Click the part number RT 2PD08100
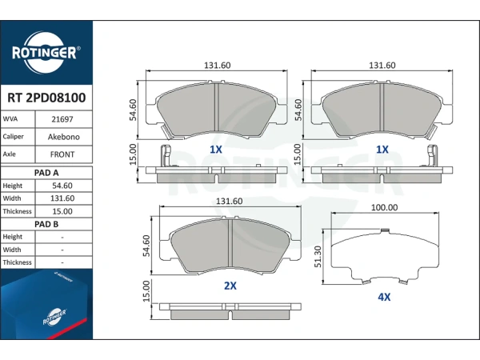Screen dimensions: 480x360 tap(46, 98)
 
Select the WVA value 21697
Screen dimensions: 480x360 tap(62, 119)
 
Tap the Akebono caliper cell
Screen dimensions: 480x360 tap(64, 137)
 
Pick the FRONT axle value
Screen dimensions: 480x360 tap(62, 154)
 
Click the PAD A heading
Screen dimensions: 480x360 tap(46, 173)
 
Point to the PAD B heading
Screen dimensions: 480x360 tap(46, 224)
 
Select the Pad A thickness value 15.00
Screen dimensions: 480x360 tap(62, 211)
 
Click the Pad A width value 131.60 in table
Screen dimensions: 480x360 tap(62, 198)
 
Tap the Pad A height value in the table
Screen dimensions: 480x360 tap(62, 186)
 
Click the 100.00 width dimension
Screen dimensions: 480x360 tap(385, 207)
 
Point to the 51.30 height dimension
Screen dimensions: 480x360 tap(318, 257)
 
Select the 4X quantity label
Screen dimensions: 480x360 tap(384, 297)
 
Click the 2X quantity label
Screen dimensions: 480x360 tap(230, 286)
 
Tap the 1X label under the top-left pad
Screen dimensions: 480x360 tap(215, 150)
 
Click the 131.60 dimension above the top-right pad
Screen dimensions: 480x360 tap(382, 66)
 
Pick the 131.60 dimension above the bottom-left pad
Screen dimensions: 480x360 tap(230, 201)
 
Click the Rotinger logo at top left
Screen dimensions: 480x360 tap(46, 52)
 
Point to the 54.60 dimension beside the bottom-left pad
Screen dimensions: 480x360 tap(146, 246)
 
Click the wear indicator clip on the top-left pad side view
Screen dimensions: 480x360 tap(166, 156)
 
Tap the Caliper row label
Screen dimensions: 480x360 tap(13, 137)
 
